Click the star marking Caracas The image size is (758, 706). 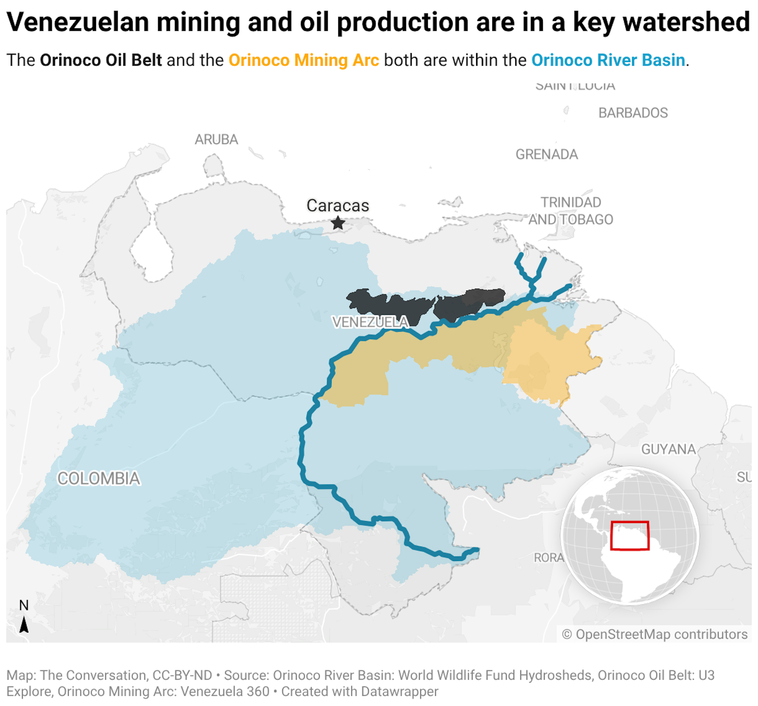pos(338,223)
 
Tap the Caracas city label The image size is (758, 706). pos(338,205)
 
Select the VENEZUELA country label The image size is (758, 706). pos(370,322)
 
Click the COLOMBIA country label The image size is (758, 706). pos(99,478)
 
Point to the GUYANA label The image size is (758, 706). pos(668,449)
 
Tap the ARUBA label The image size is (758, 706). pos(216,139)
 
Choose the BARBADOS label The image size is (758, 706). pos(633,113)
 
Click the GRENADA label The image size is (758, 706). pos(546,154)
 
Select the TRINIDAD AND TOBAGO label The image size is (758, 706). pos(570,211)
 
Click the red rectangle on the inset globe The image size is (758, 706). pos(630,535)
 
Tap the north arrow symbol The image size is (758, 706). pos(24,624)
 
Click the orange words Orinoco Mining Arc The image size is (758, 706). pos(304,60)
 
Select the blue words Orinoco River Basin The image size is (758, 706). pos(608,60)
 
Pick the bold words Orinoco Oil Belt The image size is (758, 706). pos(101,60)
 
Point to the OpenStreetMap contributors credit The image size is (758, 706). pos(655,634)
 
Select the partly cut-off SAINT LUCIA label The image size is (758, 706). pos(575,86)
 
